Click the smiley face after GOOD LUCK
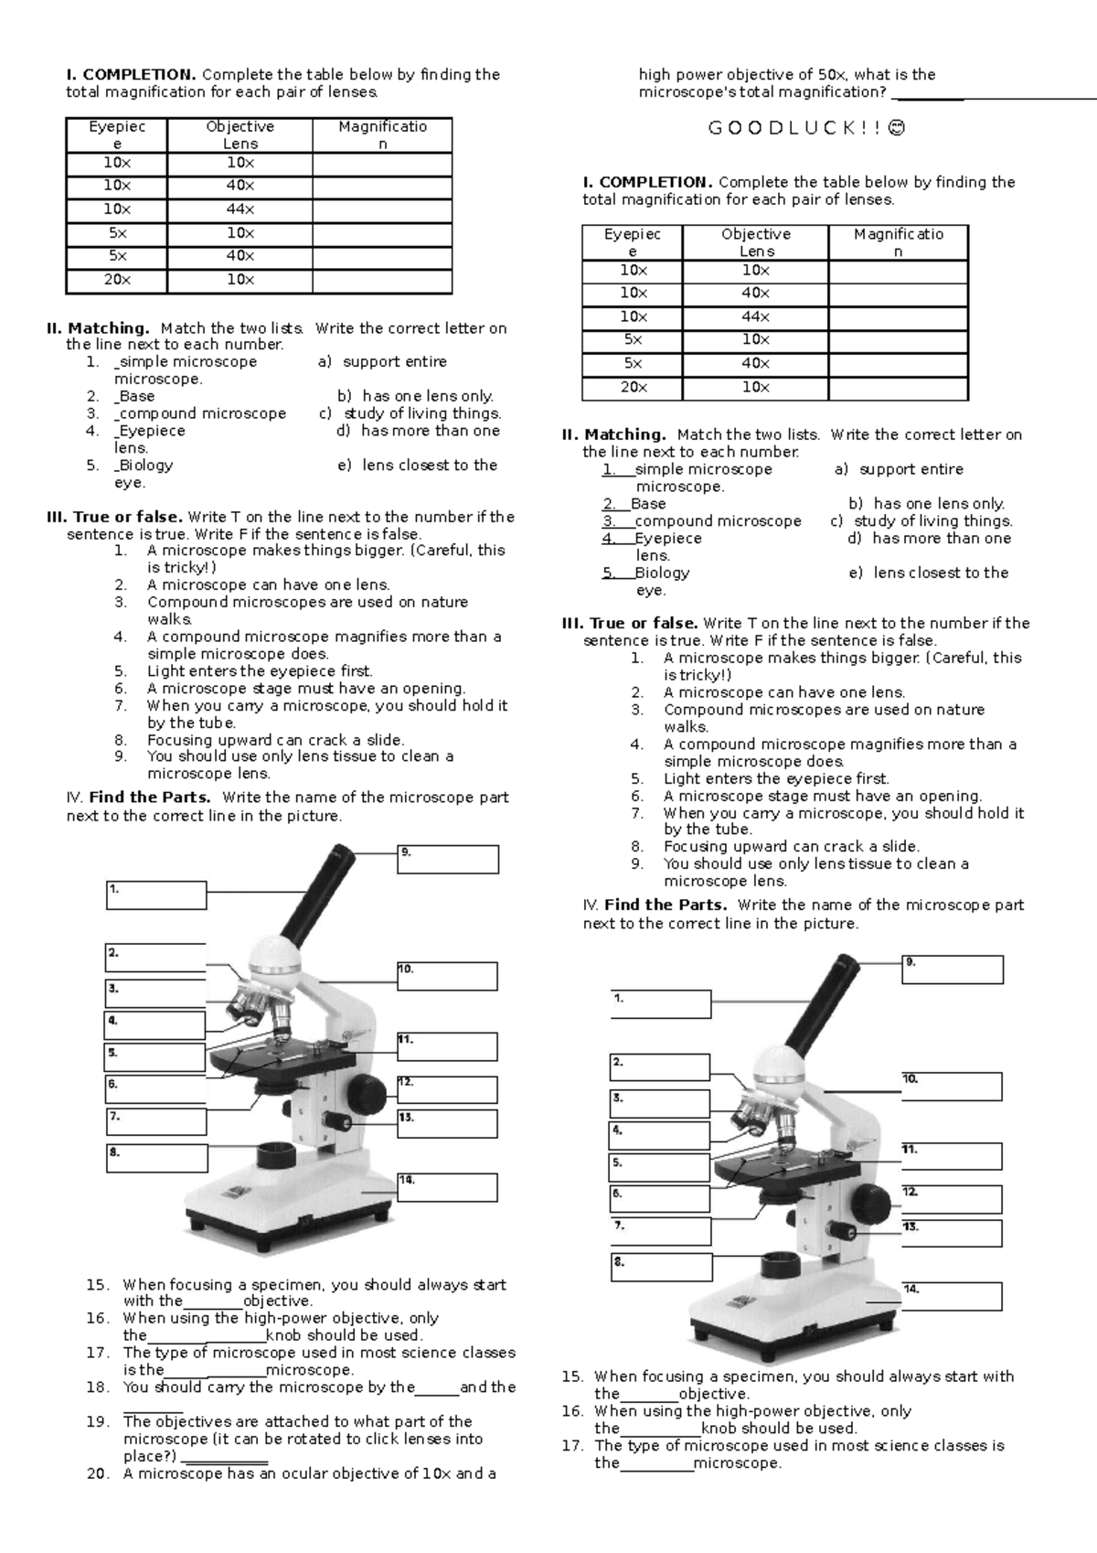pyautogui.click(x=898, y=128)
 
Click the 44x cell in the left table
pyautogui.click(x=240, y=209)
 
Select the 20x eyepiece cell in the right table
pyautogui.click(x=633, y=387)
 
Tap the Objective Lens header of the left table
pyautogui.click(x=240, y=134)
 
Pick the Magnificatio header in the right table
pyautogui.click(x=898, y=242)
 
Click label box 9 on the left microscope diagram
pyautogui.click(x=448, y=859)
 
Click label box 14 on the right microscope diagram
pyautogui.click(x=952, y=1296)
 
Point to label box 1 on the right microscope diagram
pyautogui.click(x=660, y=1003)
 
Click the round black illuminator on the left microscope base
pyautogui.click(x=275, y=1154)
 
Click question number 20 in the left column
pyautogui.click(x=97, y=1473)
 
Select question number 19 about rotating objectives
pyautogui.click(x=97, y=1421)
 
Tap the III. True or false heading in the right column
pyautogui.click(x=629, y=623)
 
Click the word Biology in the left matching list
pyautogui.click(x=145, y=465)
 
